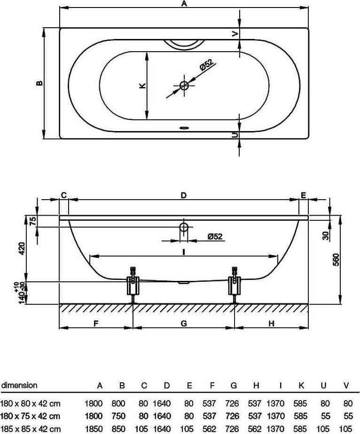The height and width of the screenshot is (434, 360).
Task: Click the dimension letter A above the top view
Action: click(x=184, y=4)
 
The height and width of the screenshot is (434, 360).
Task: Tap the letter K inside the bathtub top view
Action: click(x=142, y=85)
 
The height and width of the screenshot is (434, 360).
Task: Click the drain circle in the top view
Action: click(x=184, y=85)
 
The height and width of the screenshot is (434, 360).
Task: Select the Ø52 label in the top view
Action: click(x=206, y=65)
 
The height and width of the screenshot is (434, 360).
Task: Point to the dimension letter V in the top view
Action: click(x=235, y=33)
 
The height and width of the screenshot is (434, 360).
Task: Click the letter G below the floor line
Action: click(x=184, y=323)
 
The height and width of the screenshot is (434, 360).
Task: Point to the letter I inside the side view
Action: click(x=184, y=252)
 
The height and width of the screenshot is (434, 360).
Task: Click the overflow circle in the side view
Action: click(x=184, y=228)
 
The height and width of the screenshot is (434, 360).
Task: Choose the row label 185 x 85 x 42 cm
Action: click(x=31, y=428)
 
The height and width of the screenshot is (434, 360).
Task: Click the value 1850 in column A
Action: click(x=93, y=428)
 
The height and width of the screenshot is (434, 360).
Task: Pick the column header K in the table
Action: click(x=301, y=386)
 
